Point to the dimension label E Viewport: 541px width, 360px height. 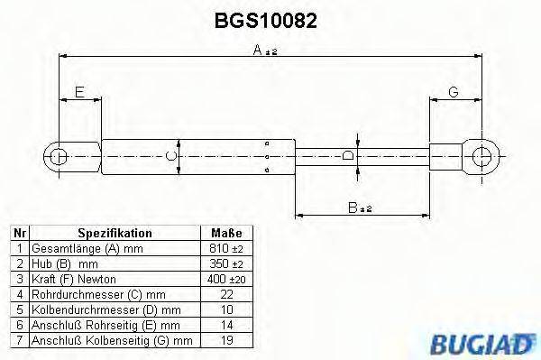(79, 93)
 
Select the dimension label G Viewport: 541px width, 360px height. (453, 93)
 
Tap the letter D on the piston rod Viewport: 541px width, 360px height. (348, 155)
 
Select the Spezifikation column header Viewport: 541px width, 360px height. (114, 233)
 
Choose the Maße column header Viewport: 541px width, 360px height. (225, 233)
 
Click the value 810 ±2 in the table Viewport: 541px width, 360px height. (225, 247)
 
